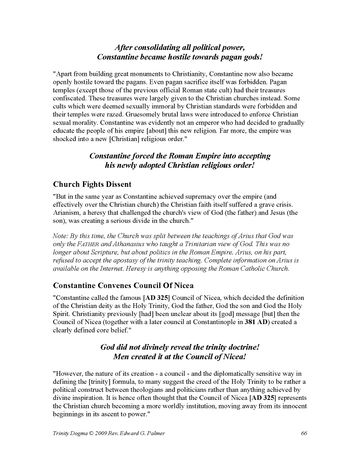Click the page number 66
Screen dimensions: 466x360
click(x=303, y=433)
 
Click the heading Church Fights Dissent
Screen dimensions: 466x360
click(x=92, y=184)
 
